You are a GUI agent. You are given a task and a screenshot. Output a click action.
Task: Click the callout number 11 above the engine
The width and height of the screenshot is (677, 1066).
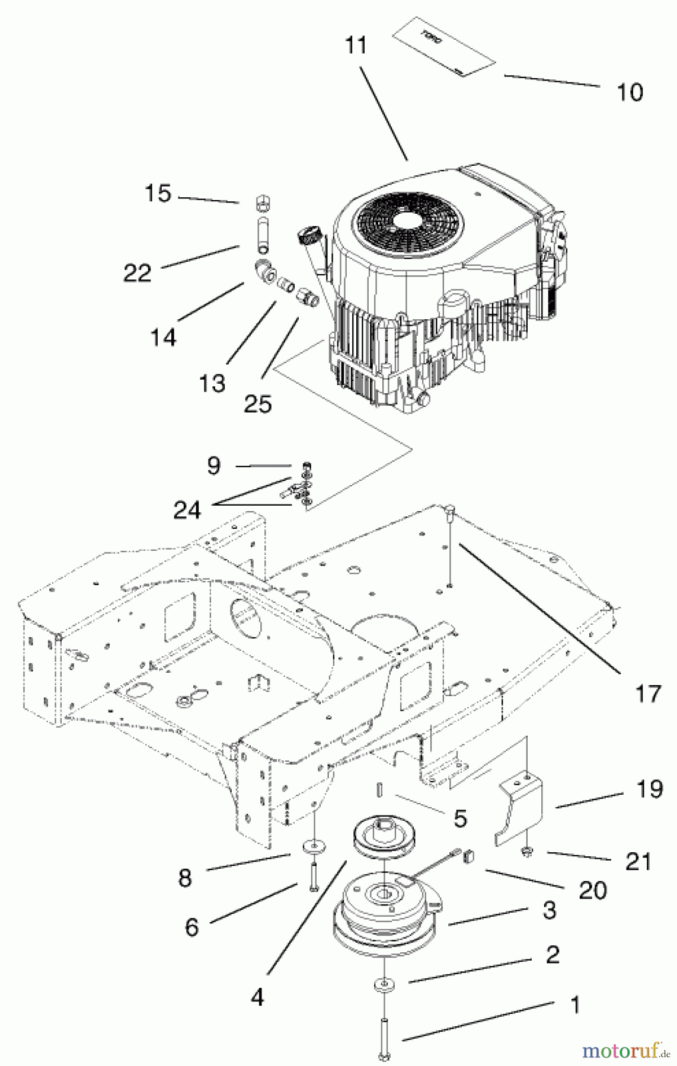click(x=356, y=46)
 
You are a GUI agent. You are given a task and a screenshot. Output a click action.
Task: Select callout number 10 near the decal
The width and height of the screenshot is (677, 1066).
click(x=629, y=92)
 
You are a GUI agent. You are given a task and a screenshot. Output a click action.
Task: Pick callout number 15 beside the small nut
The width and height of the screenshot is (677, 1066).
click(x=158, y=193)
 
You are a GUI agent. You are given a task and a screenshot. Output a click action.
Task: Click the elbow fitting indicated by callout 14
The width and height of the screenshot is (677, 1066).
click(x=265, y=271)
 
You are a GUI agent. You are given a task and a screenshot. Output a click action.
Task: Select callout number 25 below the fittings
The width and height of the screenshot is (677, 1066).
click(x=257, y=404)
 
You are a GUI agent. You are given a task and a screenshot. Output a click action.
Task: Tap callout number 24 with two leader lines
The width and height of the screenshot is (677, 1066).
click(x=187, y=509)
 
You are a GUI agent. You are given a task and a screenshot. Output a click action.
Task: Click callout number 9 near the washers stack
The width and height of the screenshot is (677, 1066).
click(x=214, y=465)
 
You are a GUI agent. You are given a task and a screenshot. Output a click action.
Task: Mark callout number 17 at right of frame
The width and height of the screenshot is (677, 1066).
click(x=647, y=693)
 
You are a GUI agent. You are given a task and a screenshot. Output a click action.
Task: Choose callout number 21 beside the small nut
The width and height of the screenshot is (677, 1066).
click(x=638, y=862)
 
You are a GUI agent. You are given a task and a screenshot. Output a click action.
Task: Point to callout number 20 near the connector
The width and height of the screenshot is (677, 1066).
click(x=592, y=890)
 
